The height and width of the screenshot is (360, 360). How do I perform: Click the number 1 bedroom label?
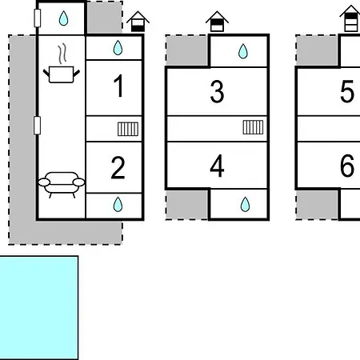pos(118,86)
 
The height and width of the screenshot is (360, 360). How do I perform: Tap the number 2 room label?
pos(118,168)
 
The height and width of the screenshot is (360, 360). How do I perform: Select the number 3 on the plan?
pos(217,91)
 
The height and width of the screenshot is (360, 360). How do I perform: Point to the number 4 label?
pos(217,166)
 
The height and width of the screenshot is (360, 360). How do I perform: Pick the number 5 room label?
pos(347,91)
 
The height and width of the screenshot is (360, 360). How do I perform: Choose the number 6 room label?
pos(347,166)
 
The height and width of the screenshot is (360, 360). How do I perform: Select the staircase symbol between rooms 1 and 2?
pos(128,129)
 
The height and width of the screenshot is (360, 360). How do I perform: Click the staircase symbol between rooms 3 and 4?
pos(253,127)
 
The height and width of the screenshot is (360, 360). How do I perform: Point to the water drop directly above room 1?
pos(118,48)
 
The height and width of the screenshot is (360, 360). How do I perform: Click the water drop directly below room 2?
pos(118,204)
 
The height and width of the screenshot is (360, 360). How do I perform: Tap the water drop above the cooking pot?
pos(63,18)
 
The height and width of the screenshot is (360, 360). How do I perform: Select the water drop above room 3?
pos(243,51)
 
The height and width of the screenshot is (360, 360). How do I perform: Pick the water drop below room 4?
pos(245,204)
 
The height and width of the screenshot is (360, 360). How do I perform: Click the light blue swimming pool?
pos(39,308)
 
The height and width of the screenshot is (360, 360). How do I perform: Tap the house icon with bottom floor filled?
pos(138,22)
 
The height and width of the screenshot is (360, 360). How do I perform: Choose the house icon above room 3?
pos(217,22)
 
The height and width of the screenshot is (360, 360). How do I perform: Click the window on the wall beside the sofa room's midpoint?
pos(37,126)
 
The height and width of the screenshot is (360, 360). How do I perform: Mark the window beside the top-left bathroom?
pos(38,18)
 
